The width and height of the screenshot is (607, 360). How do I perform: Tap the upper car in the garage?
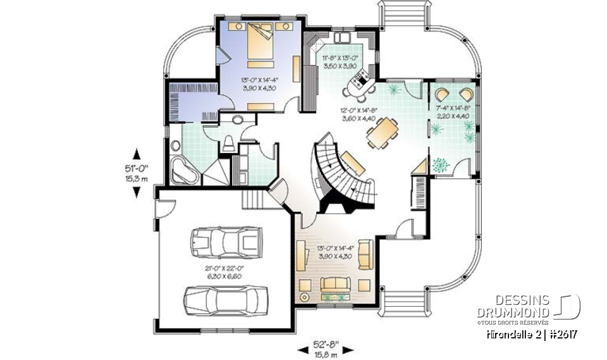(x=225, y=241)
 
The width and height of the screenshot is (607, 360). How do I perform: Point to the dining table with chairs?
(x=383, y=133)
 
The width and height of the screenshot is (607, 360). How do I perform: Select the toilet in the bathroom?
(x=228, y=142)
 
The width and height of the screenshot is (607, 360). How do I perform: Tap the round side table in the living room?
(x=305, y=297)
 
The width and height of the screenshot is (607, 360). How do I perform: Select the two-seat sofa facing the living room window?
(x=336, y=284)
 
